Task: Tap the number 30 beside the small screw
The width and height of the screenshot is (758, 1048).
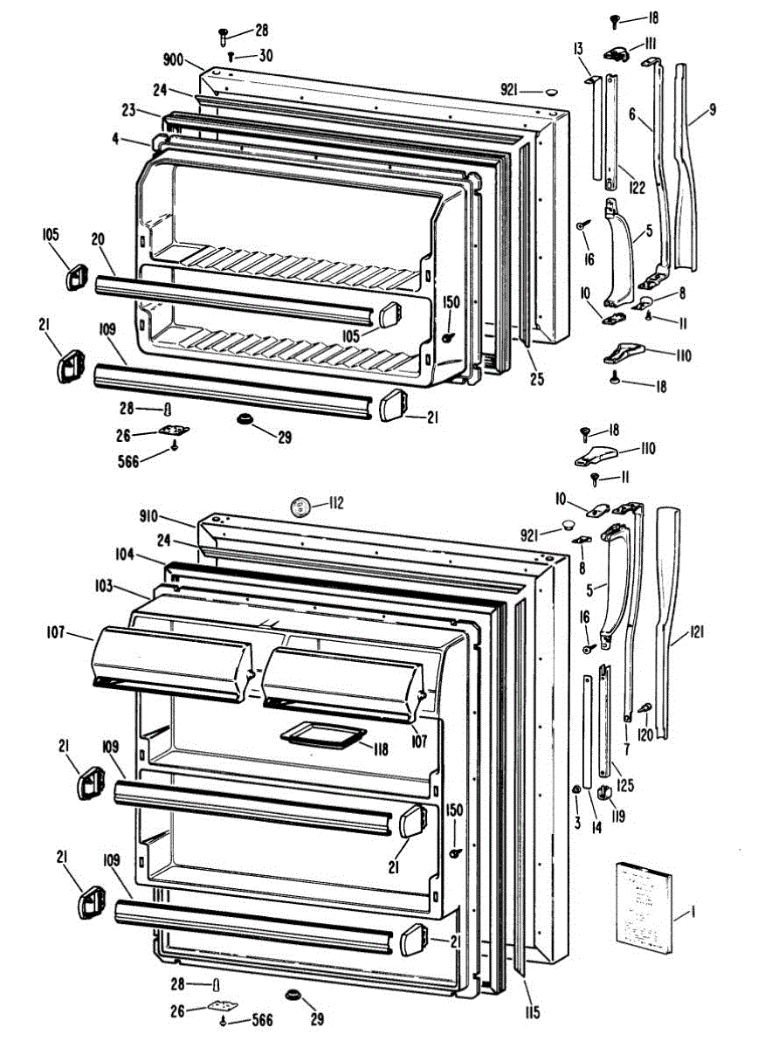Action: tap(264, 55)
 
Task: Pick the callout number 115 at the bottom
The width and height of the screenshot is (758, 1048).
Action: tap(532, 1013)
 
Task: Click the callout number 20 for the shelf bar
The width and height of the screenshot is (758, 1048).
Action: tap(97, 239)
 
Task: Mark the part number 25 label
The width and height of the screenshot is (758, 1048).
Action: tap(537, 379)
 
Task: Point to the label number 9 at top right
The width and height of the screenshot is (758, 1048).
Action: tap(713, 109)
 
